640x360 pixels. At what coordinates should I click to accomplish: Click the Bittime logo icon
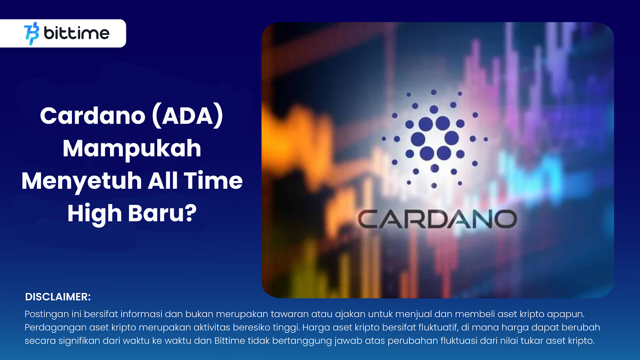pos(32,34)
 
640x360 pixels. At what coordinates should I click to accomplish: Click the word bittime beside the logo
pos(76,33)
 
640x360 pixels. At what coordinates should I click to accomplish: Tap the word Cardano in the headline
pos(92,116)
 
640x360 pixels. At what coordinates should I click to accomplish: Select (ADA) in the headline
pos(188,116)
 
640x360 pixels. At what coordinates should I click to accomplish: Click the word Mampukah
pos(132,148)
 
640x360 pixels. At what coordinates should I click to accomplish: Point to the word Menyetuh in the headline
pos(82,181)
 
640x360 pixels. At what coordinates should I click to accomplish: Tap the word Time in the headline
pos(213,181)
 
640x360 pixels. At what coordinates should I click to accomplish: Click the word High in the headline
pos(94,214)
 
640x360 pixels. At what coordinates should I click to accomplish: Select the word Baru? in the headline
pos(162,213)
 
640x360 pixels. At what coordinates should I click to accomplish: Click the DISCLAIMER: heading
pos(58,297)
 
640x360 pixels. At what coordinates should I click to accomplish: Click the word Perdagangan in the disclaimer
pos(56,328)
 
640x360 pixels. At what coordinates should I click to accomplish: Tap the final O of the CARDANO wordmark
pos(506,220)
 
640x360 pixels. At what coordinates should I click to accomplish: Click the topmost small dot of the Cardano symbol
pos(434,92)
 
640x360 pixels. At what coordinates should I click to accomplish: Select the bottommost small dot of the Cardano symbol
pos(434,186)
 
